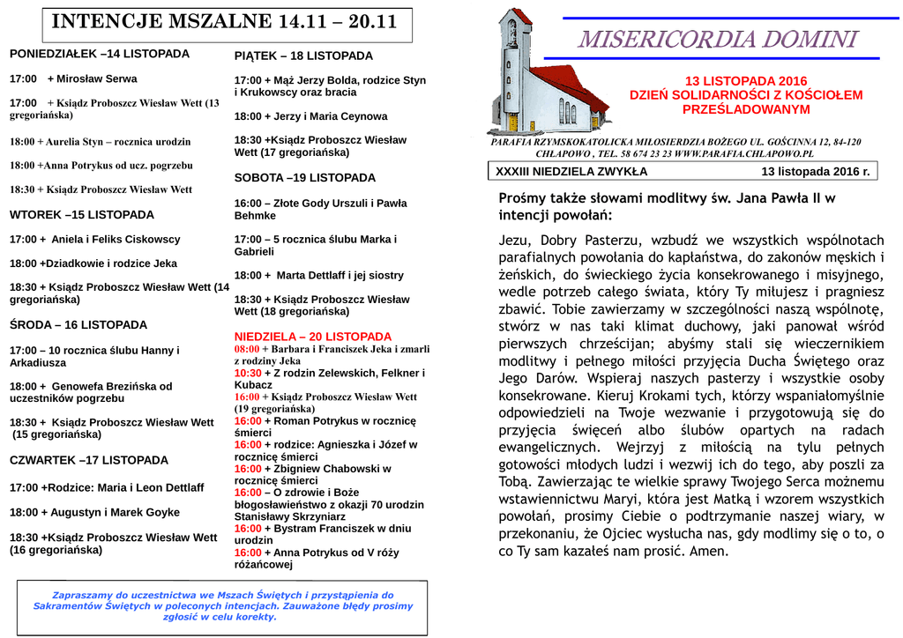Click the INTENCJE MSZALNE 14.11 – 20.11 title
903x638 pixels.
(224, 23)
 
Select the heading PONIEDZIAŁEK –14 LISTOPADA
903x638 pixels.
(100, 54)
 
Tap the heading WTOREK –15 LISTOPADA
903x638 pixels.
(82, 214)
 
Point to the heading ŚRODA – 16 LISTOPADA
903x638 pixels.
(78, 324)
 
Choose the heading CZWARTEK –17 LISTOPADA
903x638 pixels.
(89, 460)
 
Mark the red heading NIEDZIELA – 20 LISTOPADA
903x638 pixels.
(313, 337)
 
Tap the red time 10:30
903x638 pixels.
(248, 373)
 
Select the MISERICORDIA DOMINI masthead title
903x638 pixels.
(718, 40)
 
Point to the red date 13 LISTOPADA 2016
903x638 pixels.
(746, 81)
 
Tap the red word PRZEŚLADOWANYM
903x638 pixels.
(746, 109)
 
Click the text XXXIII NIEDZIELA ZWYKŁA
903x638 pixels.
(571, 172)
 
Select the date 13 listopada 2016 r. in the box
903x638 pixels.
(816, 172)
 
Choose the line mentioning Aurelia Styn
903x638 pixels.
(100, 141)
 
